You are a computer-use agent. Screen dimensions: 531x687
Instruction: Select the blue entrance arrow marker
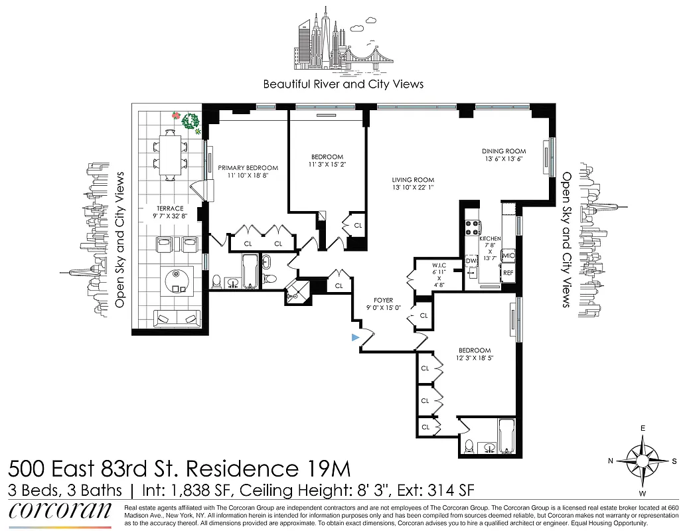pyautogui.click(x=356, y=338)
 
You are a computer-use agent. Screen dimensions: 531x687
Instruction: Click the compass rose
pyautogui.click(x=641, y=460)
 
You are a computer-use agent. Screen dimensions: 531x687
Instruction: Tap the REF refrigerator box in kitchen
pyautogui.click(x=508, y=272)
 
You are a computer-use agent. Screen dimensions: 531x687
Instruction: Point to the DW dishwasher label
pyautogui.click(x=471, y=261)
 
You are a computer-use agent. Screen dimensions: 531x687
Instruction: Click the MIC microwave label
pyautogui.click(x=509, y=256)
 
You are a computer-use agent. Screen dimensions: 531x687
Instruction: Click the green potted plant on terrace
pyautogui.click(x=191, y=121)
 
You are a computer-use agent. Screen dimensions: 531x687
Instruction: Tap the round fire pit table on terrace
pyautogui.click(x=177, y=281)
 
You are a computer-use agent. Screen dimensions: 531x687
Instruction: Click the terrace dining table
pyautogui.click(x=172, y=154)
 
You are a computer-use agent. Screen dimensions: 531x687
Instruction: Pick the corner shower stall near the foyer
pyautogui.click(x=297, y=292)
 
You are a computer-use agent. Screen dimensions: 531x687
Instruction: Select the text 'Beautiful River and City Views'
pyautogui.click(x=343, y=84)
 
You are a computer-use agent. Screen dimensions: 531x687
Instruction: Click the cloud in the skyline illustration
pyautogui.click(x=356, y=29)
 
